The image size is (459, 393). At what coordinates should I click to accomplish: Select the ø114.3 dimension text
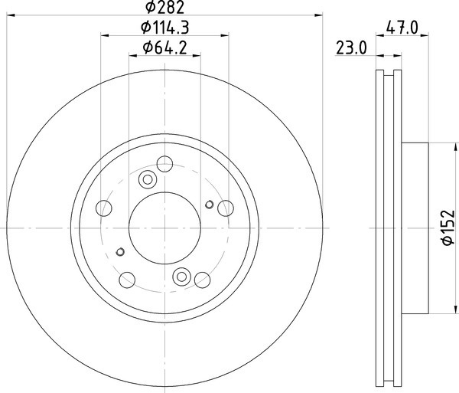point(166,28)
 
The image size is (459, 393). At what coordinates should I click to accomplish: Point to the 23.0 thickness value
point(352,48)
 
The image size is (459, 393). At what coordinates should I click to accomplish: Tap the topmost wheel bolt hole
point(163,163)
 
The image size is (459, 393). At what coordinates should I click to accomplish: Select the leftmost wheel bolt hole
point(103,208)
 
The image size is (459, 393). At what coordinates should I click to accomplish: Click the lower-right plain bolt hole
point(202,280)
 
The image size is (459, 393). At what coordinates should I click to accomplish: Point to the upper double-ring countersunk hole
point(148,180)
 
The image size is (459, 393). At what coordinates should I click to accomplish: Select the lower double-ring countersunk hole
point(182,277)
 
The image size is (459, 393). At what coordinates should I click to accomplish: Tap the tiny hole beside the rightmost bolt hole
point(210,204)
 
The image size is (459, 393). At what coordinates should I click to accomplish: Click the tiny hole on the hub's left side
point(119,251)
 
